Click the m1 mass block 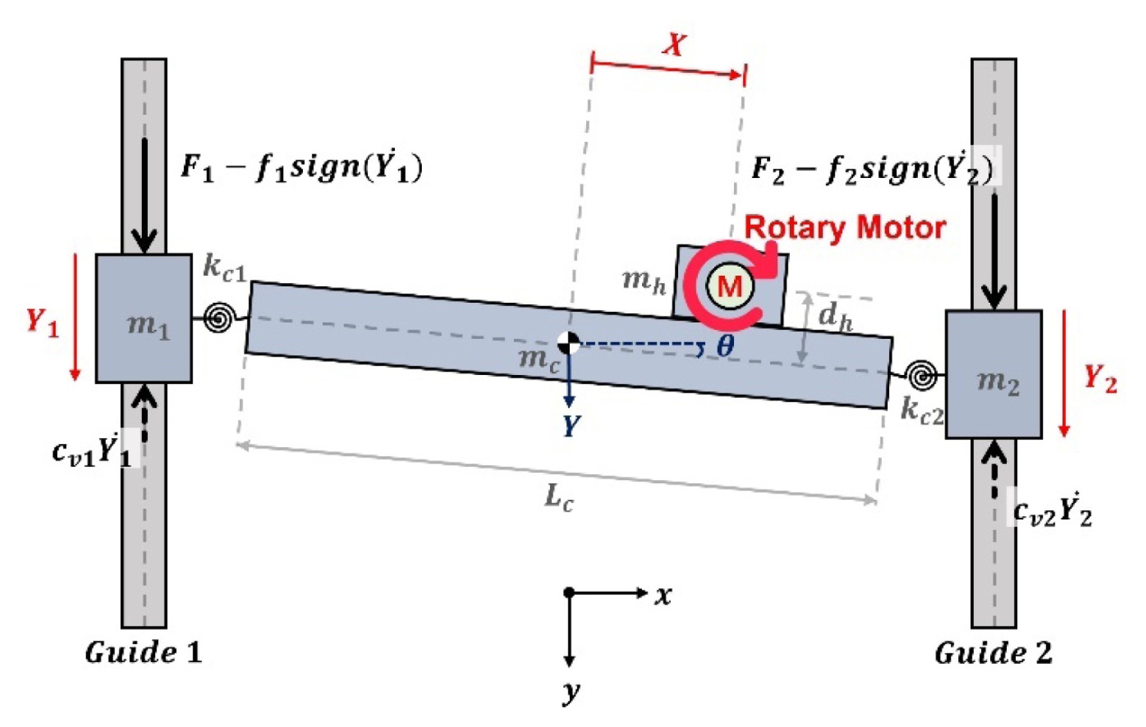point(144,319)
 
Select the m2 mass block point(994,374)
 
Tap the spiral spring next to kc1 point(218,319)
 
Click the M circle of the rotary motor point(729,286)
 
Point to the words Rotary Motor point(845,228)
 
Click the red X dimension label point(675,45)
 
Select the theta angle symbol point(725,345)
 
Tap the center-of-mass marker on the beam point(568,343)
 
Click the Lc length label point(559,497)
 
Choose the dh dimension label point(836,317)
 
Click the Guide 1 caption point(143,652)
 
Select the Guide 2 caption point(993,653)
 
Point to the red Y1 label point(43,322)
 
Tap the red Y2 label point(1100,378)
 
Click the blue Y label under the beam point(571,426)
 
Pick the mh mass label point(645,281)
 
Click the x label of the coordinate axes point(663,596)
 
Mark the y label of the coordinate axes point(571,692)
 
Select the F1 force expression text point(302,167)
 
